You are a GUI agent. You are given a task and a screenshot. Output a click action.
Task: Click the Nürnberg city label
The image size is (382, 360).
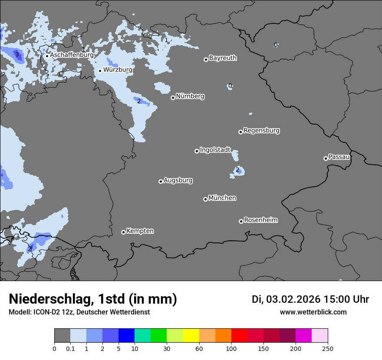click(190, 96)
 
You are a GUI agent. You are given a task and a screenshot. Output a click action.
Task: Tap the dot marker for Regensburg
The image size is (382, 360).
click(240, 132)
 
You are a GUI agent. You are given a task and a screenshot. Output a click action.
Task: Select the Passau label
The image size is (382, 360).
click(339, 157)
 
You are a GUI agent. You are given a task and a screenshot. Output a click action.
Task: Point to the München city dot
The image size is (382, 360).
click(205, 200)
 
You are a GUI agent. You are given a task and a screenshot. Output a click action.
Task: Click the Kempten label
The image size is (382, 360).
click(140, 231)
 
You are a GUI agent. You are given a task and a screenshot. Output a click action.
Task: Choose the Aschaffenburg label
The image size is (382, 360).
click(72, 55)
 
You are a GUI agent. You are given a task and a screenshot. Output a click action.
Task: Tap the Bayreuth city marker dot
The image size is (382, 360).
click(206, 59)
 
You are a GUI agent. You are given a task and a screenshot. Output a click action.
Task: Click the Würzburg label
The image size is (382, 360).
click(118, 69)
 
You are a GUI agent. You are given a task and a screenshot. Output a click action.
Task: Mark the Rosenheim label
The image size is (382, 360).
click(260, 220)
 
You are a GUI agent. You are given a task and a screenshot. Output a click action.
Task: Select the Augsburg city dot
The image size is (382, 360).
click(161, 181)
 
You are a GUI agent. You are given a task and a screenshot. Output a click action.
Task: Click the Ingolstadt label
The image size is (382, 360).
click(215, 150)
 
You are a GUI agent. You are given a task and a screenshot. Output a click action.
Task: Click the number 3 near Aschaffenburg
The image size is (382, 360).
click(17, 54)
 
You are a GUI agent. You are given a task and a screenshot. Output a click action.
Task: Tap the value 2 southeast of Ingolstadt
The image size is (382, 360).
click(237, 170)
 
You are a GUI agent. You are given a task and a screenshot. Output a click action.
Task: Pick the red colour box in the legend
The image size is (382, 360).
click(239, 336)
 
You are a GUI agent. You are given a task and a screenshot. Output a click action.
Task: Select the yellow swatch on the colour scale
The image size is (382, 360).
click(191, 336)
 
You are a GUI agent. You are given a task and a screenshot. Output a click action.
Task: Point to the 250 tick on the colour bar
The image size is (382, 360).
click(328, 348)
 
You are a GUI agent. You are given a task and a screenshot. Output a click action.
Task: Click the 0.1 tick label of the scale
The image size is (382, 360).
click(70, 348)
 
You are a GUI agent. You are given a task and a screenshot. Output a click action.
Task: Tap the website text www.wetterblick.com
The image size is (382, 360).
click(313, 312)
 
